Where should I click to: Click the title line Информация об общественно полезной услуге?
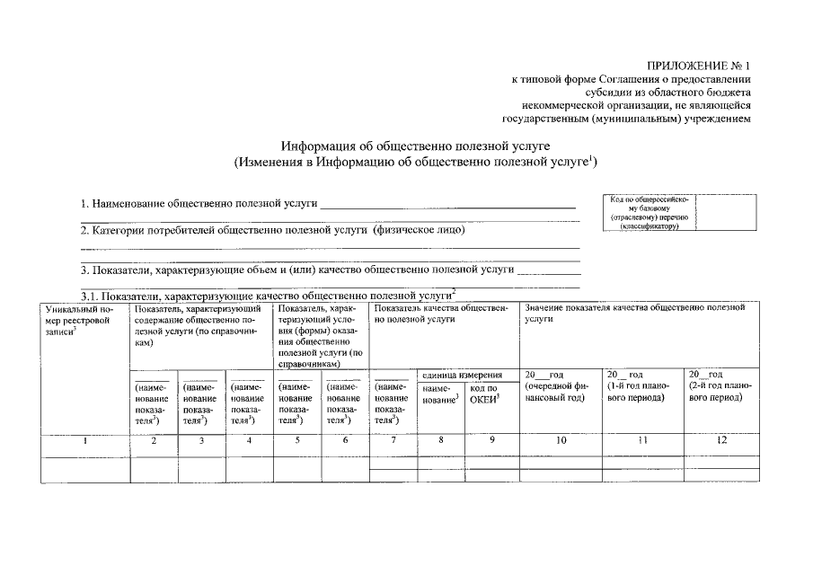(414, 145)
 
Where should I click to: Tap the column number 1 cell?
(85, 440)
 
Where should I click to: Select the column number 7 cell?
(393, 440)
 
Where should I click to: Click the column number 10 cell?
(561, 440)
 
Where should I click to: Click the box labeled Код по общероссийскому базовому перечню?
(649, 212)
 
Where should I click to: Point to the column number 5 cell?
(297, 440)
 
